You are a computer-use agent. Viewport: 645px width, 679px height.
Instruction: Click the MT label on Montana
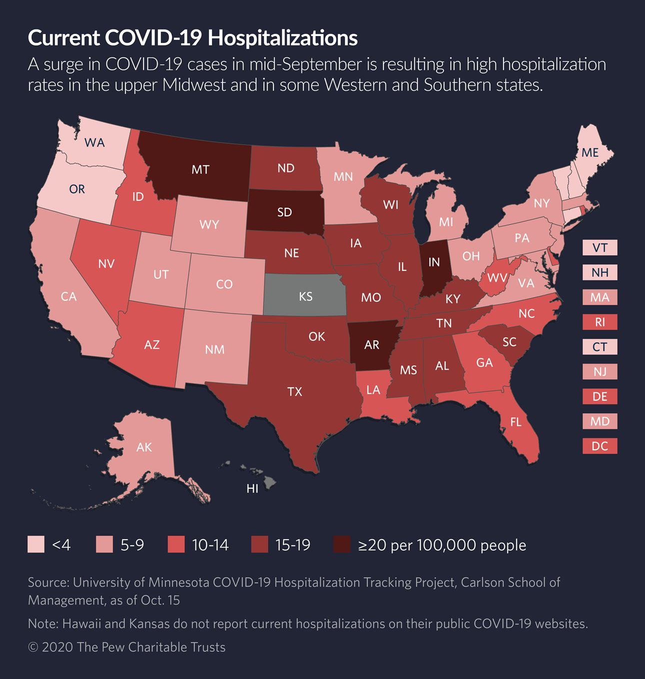click(200, 170)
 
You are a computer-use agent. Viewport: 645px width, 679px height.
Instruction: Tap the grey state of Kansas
click(305, 296)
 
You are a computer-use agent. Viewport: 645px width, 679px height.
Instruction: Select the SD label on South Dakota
click(284, 212)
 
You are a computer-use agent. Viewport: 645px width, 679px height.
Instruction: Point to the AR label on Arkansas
click(371, 345)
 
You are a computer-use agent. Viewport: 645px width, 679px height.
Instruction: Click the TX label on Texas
click(294, 392)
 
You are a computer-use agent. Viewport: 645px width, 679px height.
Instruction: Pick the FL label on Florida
click(516, 423)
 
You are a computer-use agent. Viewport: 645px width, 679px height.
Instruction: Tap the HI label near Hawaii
click(252, 489)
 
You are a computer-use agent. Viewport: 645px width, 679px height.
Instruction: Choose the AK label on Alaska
click(144, 447)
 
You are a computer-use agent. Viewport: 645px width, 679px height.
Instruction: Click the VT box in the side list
click(599, 248)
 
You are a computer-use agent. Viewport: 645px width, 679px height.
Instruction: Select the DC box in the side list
click(599, 446)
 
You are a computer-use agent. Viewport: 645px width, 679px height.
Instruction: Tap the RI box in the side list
click(599, 322)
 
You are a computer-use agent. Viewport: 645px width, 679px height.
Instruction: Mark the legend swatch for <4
click(36, 545)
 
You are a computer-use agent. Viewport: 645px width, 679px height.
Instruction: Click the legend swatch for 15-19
click(260, 545)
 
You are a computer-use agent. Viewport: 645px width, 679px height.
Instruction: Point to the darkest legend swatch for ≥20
click(342, 545)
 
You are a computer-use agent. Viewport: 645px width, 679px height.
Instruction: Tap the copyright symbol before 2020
click(33, 648)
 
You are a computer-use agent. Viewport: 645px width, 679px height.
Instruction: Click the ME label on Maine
click(590, 153)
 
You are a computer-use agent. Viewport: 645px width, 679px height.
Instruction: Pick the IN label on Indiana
click(434, 262)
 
